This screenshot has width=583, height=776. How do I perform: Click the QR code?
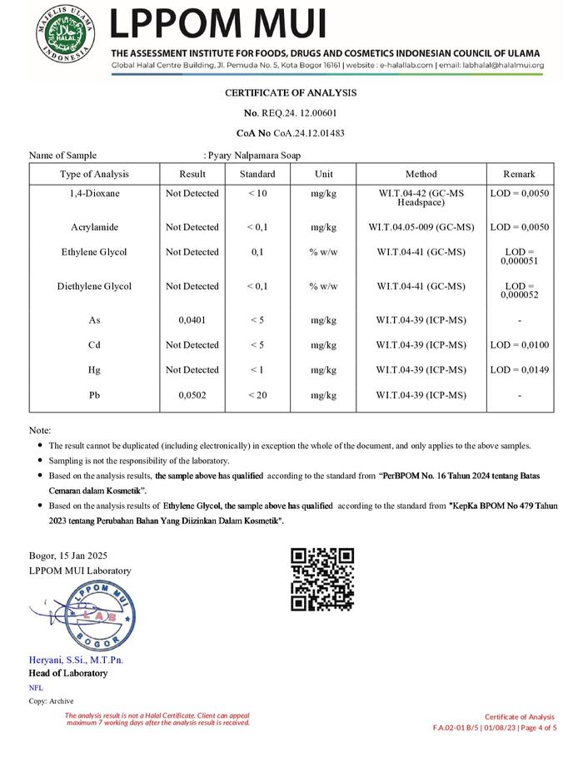click(322, 580)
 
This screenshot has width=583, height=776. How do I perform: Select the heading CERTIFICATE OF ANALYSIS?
click(291, 92)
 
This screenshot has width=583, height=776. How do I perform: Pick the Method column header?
click(421, 174)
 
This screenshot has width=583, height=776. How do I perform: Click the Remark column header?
click(519, 174)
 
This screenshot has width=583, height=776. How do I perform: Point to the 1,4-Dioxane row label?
click(94, 194)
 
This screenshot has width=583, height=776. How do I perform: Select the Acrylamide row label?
click(94, 227)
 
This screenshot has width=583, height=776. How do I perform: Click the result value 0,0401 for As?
click(192, 320)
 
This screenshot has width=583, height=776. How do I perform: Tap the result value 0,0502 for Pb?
click(192, 395)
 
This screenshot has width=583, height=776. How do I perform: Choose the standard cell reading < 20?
click(257, 395)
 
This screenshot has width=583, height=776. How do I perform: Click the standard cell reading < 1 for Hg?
click(257, 370)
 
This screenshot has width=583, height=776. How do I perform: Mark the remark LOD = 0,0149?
click(519, 370)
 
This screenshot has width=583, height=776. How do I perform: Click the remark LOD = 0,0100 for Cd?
click(519, 345)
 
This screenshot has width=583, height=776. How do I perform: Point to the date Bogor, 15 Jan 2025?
click(67, 556)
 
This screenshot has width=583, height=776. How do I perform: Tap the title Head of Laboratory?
click(68, 673)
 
